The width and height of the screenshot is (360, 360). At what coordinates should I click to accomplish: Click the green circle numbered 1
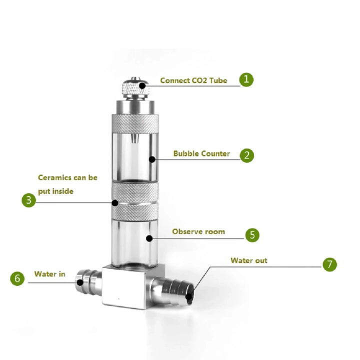coord(246,79)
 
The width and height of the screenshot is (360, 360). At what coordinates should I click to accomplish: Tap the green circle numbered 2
coord(246,154)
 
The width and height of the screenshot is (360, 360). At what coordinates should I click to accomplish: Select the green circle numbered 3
coord(29,200)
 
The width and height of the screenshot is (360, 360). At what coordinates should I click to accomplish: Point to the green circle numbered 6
coord(17,278)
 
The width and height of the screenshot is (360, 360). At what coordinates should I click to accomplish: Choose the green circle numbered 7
coord(329,264)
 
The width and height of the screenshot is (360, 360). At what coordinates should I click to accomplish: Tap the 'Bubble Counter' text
coord(201,153)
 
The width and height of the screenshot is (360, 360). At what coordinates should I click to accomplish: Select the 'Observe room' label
coord(198,231)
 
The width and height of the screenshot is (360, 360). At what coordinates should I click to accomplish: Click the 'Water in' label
coord(49,273)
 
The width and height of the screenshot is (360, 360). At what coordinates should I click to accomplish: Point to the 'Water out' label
coord(248,260)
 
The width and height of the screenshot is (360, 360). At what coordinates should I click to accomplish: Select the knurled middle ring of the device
coord(135,200)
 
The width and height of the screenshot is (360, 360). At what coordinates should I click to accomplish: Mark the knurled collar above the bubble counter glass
coord(135,122)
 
